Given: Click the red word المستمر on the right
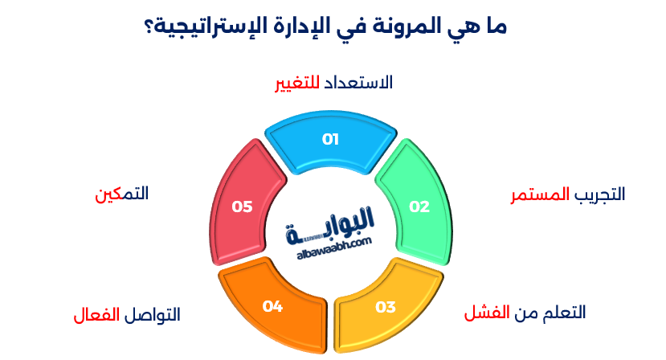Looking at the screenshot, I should pyautogui.click(x=541, y=195).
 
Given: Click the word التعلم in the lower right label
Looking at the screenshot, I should pyautogui.click(x=562, y=312).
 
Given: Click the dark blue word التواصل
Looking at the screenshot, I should pyautogui.click(x=151, y=314).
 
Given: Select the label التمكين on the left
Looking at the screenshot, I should pyautogui.click(x=121, y=194).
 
